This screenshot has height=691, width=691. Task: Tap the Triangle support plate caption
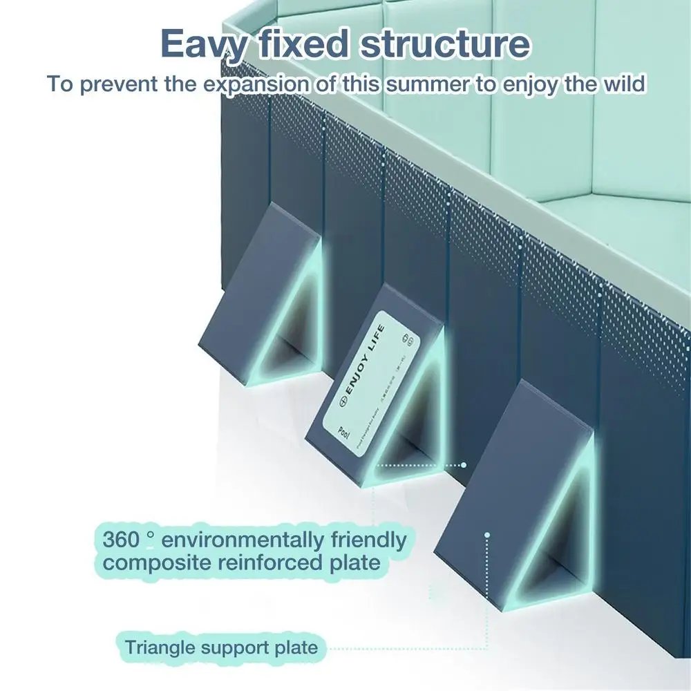pos(221,647)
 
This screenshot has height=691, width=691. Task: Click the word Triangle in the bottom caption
pos(160,647)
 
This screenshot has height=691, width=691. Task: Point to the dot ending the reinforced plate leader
pos(464,465)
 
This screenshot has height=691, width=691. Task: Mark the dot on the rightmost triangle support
pos(487,534)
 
